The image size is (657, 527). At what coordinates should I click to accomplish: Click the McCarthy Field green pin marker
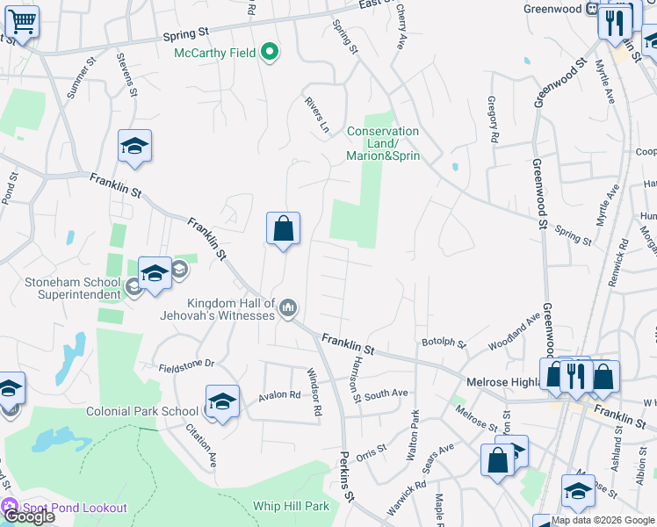(271, 53)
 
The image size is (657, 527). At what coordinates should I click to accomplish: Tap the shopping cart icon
(22, 20)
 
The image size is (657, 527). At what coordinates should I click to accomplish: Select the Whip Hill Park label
(291, 506)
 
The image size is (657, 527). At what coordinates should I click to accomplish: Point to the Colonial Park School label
(142, 411)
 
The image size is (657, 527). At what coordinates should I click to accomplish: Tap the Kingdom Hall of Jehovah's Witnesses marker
(289, 307)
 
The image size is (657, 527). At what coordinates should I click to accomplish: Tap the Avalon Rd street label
(279, 396)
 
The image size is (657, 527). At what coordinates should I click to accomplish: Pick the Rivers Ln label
(316, 115)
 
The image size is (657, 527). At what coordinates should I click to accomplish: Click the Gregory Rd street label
(492, 119)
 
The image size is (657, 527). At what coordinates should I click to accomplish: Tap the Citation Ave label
(201, 445)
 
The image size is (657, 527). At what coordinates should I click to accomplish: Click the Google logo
(29, 516)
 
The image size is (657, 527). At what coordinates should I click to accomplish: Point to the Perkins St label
(346, 478)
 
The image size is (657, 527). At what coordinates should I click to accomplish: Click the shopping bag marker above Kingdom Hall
(284, 229)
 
